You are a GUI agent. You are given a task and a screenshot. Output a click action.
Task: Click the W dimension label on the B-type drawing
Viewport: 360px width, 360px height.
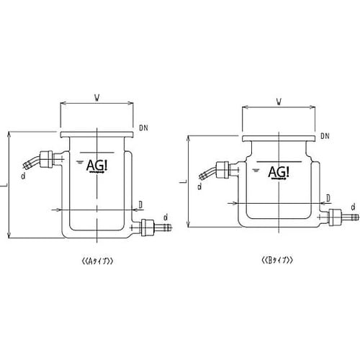tap(277, 101)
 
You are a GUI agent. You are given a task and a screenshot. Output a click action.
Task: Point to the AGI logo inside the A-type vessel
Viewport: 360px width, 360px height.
tap(97, 166)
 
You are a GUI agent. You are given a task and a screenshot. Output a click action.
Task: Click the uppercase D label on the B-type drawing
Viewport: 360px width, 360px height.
tap(328, 197)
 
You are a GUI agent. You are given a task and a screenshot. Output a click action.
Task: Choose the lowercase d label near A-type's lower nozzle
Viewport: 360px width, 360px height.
tap(166, 216)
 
